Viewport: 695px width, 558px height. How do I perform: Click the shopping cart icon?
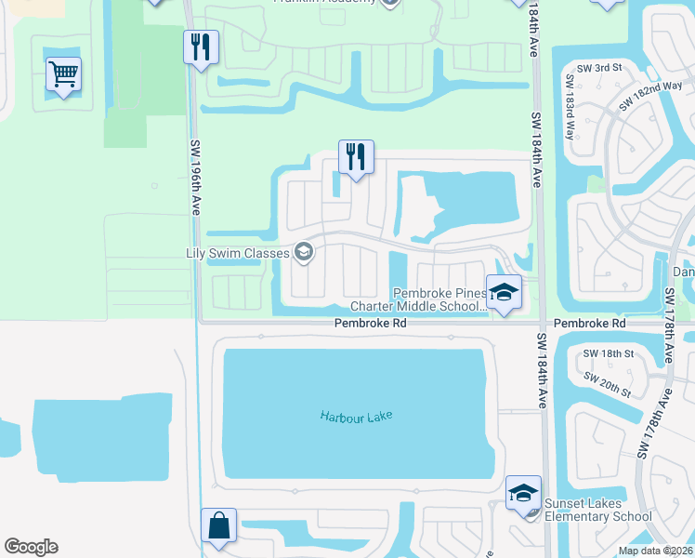(63, 73)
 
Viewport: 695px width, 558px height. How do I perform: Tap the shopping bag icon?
(218, 525)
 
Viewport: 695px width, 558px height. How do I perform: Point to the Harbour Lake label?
(357, 417)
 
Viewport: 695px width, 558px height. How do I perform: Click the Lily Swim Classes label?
(237, 252)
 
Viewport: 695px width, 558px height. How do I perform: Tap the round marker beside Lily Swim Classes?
(303, 252)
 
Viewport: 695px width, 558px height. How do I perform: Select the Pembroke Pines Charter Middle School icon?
(504, 291)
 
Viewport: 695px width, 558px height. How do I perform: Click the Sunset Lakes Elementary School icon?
(523, 492)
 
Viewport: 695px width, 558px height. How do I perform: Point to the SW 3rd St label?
(595, 68)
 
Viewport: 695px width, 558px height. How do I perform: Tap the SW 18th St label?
(609, 353)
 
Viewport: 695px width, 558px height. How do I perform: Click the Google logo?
(31, 547)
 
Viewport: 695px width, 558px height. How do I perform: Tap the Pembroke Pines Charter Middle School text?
(414, 299)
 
